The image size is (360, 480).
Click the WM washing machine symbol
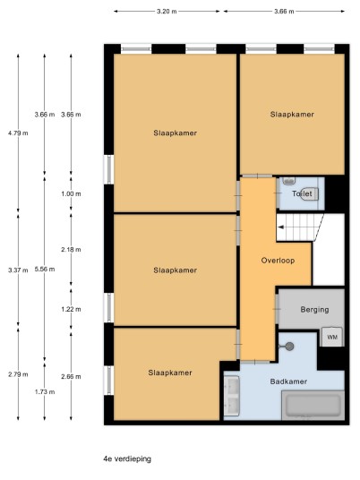coord(332,337)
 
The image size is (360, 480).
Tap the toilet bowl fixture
coord(310,193)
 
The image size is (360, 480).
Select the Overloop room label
coord(278,261)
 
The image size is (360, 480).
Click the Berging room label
coord(314,310)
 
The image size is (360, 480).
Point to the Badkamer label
coord(288,381)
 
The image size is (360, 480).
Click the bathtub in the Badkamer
coord(313,405)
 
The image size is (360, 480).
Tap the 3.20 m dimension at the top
coord(167,12)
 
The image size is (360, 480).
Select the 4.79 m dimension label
coord(18,133)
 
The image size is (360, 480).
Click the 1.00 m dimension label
coord(71,193)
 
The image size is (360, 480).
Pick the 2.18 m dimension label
coord(71,250)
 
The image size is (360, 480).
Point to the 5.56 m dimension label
coord(45,270)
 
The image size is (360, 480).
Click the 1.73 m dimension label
coord(45,392)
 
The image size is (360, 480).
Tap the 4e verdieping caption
coord(127,459)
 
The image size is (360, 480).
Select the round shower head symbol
coord(289,347)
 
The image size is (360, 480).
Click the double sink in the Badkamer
coord(231,396)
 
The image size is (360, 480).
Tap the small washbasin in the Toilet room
coord(288,181)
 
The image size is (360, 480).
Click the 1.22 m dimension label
coord(71,309)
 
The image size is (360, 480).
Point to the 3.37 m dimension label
coord(18,270)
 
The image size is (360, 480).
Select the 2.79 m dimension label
coord(18,374)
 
